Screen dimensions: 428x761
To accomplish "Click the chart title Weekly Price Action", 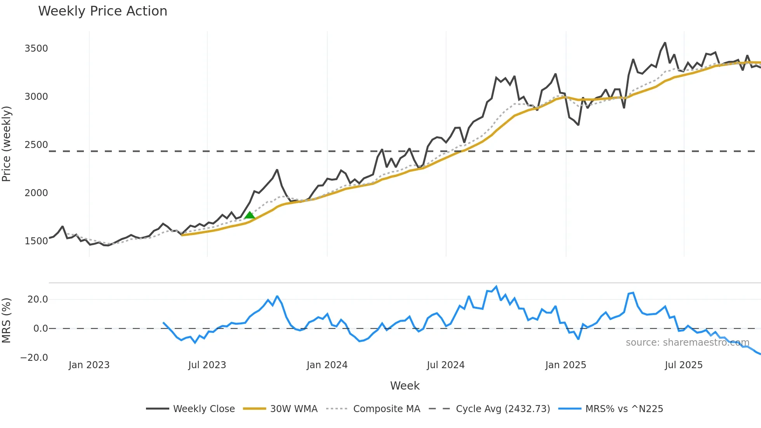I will (x=103, y=11).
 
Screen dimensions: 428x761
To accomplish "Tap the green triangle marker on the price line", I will (x=250, y=215).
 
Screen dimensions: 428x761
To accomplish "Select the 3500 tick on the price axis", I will (x=36, y=49).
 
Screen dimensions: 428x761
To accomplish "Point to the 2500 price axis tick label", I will (x=36, y=145).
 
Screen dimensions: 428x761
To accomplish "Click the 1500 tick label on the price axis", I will (x=36, y=241).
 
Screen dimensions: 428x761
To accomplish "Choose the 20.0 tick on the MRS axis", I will (x=38, y=299).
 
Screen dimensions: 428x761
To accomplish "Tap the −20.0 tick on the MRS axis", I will (x=34, y=358).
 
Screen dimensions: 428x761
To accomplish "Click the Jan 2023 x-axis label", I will (x=89, y=365).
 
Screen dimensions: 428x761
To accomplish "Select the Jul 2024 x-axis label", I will (x=446, y=365).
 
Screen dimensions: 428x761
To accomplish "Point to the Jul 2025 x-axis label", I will (x=684, y=365).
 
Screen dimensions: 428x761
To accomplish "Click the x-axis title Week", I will (x=405, y=386).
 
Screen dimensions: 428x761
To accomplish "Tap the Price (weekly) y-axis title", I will (x=7, y=144).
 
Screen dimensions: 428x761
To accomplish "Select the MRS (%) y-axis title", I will (x=7, y=320).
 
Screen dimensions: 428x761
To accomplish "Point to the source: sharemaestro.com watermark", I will (x=687, y=343).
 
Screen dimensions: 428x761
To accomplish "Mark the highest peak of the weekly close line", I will (x=665, y=43).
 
